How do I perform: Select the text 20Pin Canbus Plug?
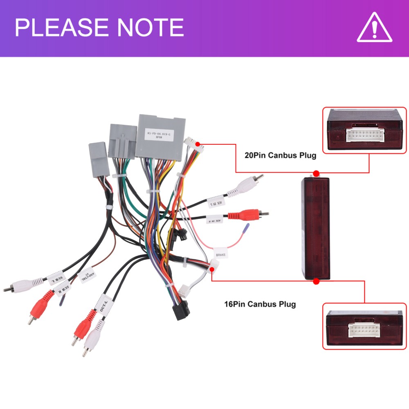(281, 155)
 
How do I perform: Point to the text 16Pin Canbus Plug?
(260, 304)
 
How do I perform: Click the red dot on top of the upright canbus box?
(316, 173)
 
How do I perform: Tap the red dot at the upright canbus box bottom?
(316, 281)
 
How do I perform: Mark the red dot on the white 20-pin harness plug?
(198, 144)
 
